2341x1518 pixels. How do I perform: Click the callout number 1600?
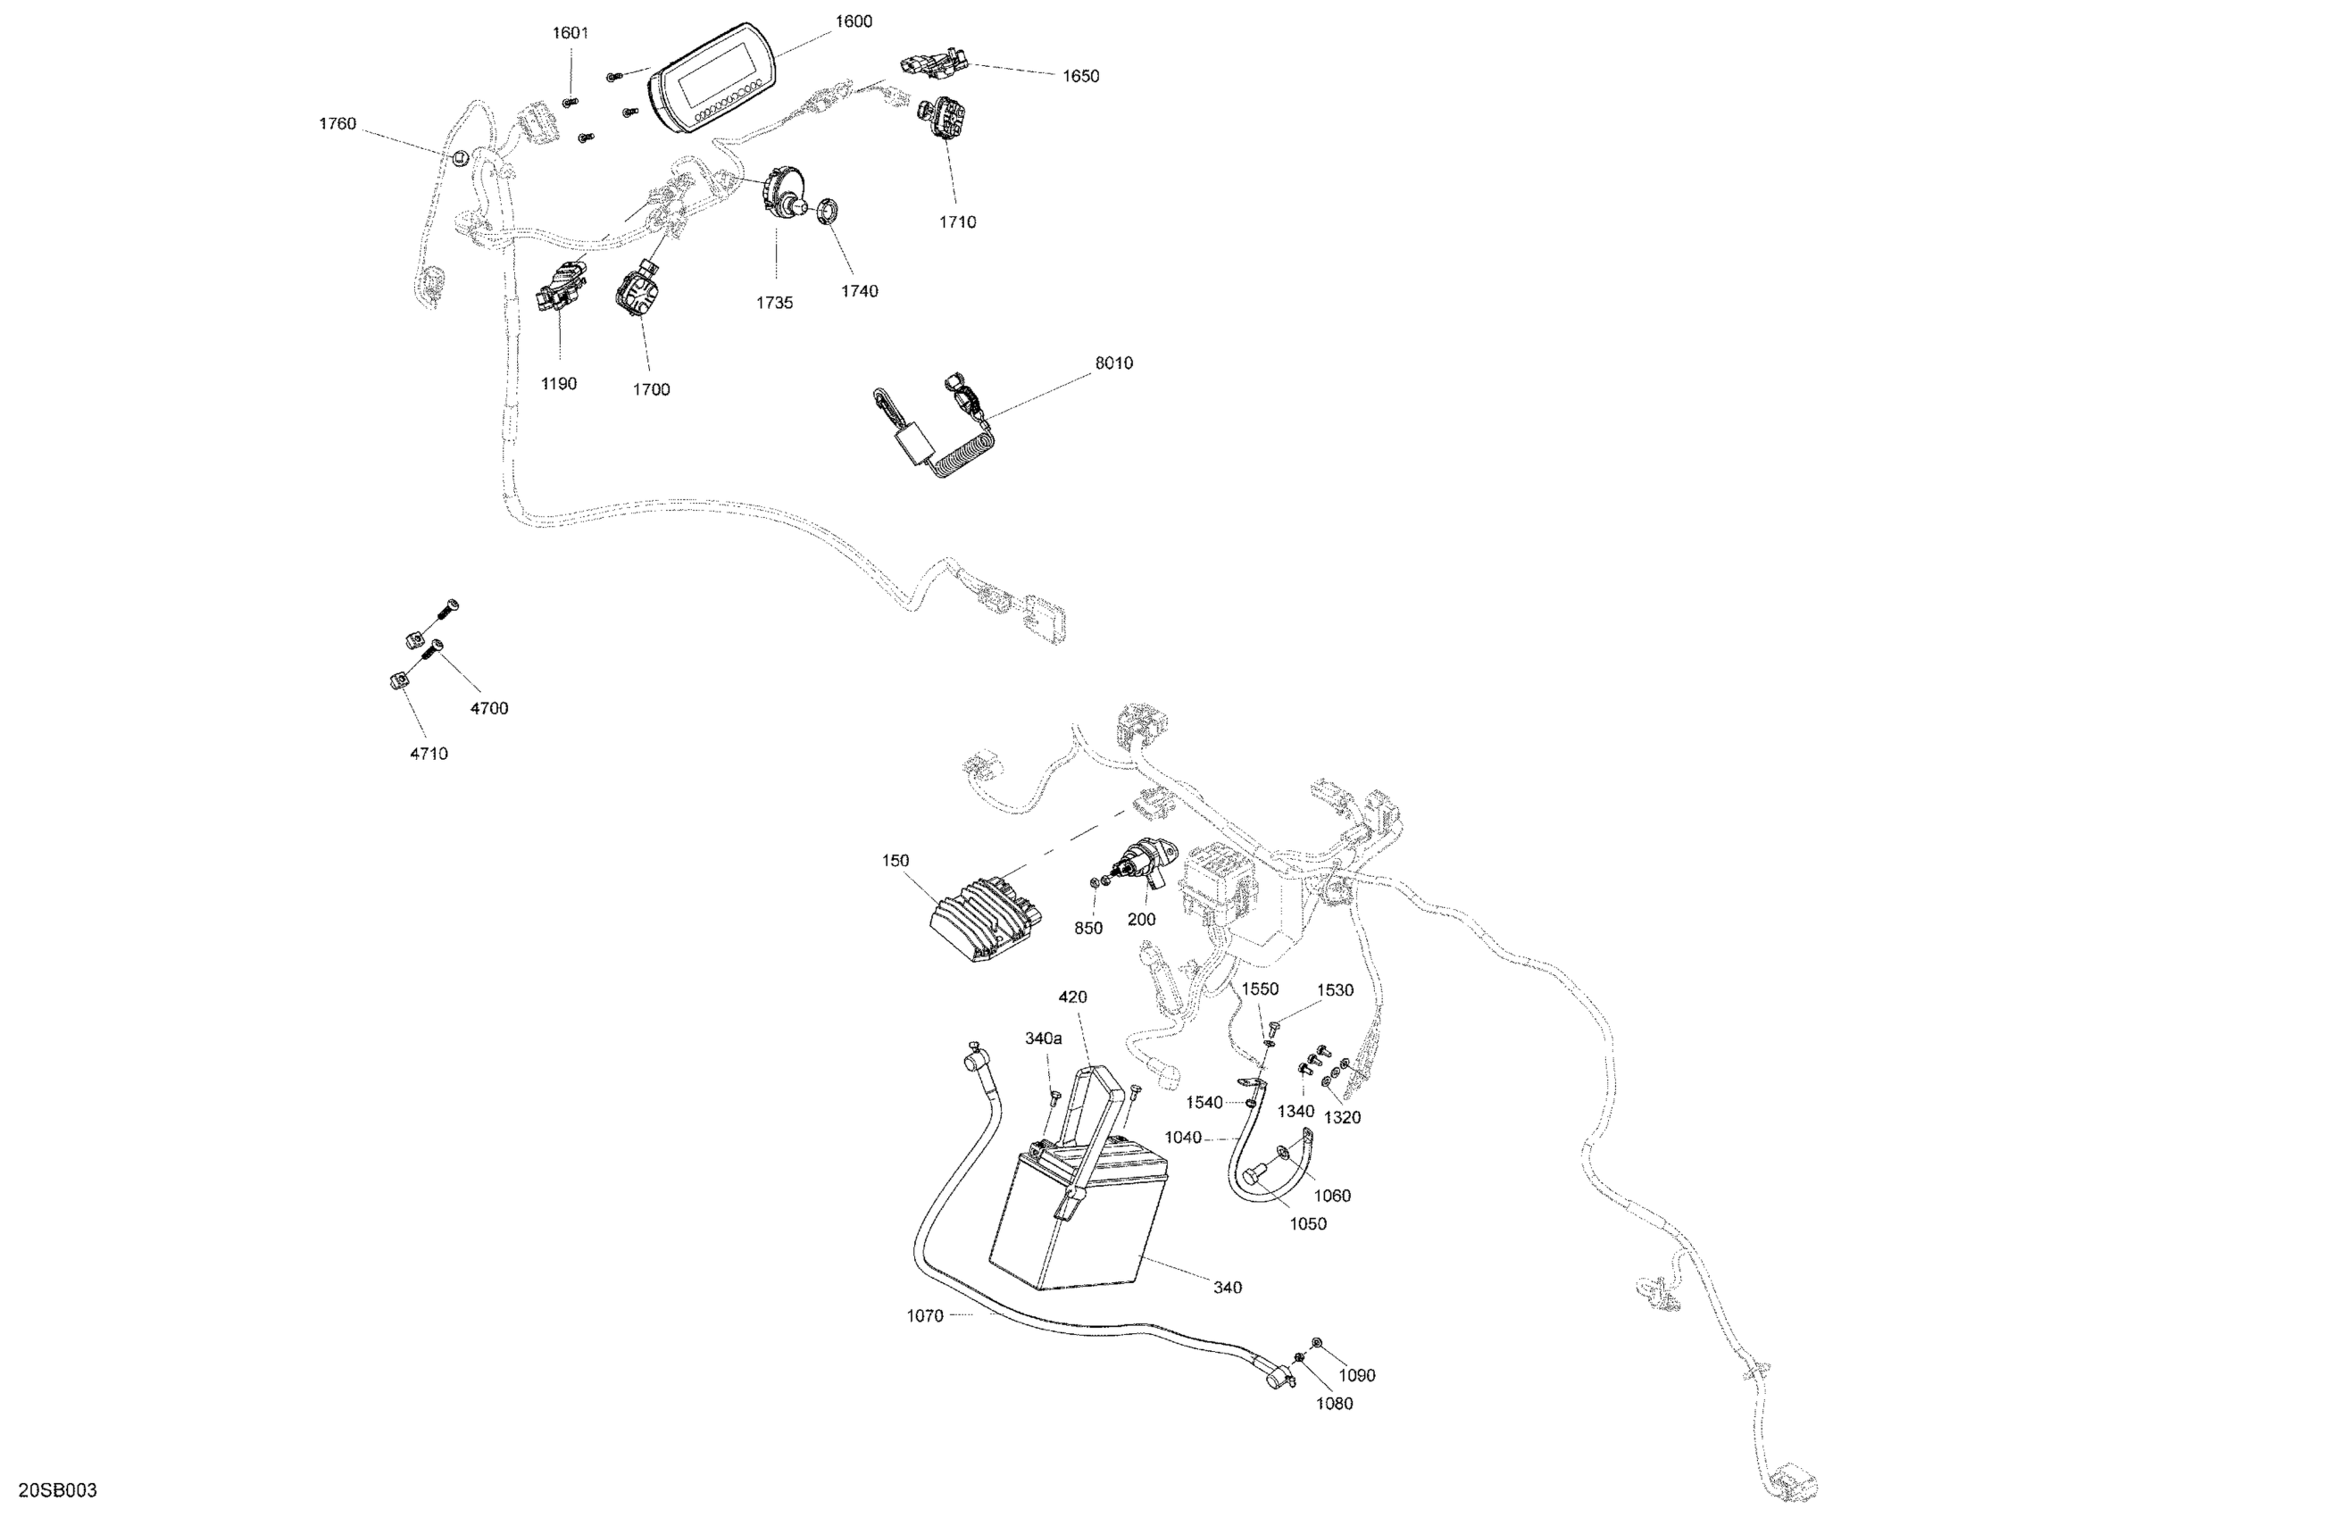coord(853,21)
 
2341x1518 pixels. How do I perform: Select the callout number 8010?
coord(1113,363)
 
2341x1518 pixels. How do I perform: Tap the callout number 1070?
coord(925,1315)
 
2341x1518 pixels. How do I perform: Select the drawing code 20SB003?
coord(57,1490)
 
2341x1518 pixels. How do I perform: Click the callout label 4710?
coord(429,754)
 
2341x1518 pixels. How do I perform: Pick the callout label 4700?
coord(489,708)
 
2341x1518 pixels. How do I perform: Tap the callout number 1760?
coord(337,124)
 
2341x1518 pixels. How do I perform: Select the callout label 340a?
coord(1044,1038)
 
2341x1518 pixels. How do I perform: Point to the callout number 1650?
coord(1080,77)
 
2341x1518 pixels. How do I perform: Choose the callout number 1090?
coord(1356,1375)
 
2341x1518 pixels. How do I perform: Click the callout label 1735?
coord(774,303)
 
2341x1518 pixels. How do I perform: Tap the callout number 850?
coord(1087,928)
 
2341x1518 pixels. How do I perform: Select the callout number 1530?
coord(1335,990)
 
